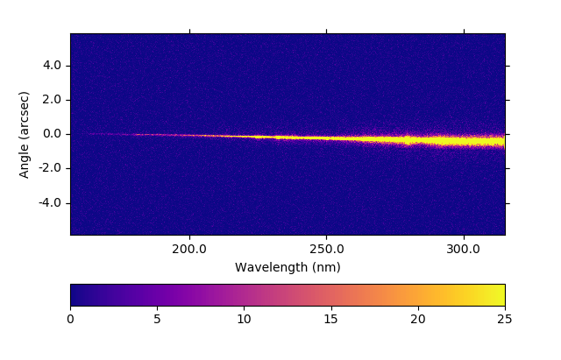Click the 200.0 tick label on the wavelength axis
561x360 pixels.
tap(189, 249)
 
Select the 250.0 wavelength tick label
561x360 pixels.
tap(326, 249)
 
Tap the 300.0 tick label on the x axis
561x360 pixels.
tap(463, 249)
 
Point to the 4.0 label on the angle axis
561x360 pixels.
tap(53, 66)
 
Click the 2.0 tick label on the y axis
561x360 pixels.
tap(53, 100)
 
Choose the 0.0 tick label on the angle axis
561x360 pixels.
tap(53, 134)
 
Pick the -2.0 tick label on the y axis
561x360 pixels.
tap(50, 168)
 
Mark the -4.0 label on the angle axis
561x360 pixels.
tap(50, 203)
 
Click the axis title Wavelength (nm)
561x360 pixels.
tap(288, 267)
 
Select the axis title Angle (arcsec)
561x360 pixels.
tap(25, 134)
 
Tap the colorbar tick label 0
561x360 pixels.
tap(70, 320)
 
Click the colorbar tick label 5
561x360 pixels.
tap(157, 320)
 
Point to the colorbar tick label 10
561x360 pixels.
tap(244, 320)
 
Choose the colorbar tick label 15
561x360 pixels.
tap(330, 320)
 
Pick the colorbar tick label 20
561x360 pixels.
tap(418, 320)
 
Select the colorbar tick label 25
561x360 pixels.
tap(505, 320)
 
